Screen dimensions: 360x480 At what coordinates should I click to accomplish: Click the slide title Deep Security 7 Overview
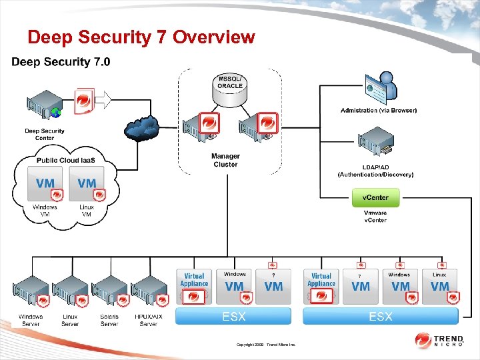pyautogui.click(x=141, y=37)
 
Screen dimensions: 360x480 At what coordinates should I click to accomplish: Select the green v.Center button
pyautogui.click(x=375, y=197)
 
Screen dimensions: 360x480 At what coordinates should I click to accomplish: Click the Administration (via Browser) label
pyautogui.click(x=378, y=110)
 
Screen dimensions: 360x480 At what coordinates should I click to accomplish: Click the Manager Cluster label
pyautogui.click(x=225, y=160)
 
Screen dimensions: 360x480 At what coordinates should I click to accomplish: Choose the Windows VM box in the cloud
pyautogui.click(x=46, y=185)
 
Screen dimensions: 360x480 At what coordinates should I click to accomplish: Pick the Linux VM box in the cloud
pyautogui.click(x=87, y=185)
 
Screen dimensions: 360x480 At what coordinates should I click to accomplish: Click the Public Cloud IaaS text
pyautogui.click(x=65, y=160)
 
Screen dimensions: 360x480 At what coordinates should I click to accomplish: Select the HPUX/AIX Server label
pyautogui.click(x=148, y=320)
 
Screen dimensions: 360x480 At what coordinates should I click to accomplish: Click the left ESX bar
pyautogui.click(x=233, y=316)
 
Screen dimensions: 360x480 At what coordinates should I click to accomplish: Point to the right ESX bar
pyautogui.click(x=381, y=316)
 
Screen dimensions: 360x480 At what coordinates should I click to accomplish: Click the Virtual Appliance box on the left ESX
pyautogui.click(x=195, y=287)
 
